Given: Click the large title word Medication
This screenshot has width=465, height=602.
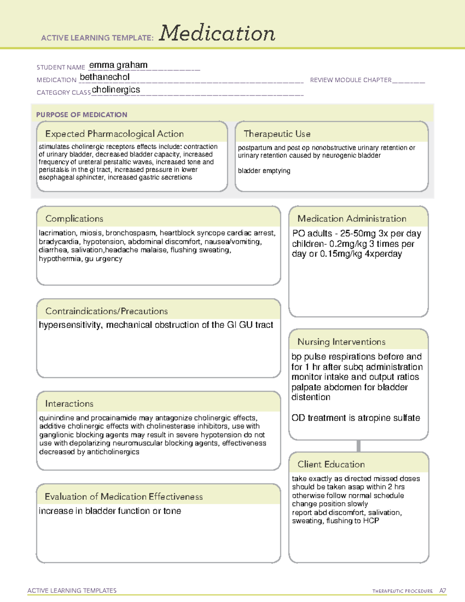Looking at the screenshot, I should coord(217,33).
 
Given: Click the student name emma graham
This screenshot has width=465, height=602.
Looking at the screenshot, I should coord(118,65).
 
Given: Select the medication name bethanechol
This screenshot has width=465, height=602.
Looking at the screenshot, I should coord(105,77).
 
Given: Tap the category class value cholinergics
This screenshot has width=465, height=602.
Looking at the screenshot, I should coord(116,90).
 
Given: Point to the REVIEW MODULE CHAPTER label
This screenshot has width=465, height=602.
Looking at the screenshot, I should coord(351,80).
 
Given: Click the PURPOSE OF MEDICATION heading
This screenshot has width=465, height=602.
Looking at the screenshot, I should coord(82,115).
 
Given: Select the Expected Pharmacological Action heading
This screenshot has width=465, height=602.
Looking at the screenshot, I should coord(114,134).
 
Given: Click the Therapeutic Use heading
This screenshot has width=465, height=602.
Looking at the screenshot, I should coord(277,134).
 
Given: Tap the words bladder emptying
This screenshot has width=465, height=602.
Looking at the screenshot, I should coord(264,171).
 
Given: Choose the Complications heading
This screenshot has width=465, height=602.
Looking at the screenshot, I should coord(74,219).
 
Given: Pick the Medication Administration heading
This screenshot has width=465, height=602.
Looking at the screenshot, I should coord(352,219).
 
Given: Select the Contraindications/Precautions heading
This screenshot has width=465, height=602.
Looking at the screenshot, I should coord(107,311).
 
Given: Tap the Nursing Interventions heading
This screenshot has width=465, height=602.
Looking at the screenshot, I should coord(341,342).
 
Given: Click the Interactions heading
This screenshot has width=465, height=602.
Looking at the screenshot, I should coord(69,404).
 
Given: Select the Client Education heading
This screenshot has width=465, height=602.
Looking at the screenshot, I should coord(331,464).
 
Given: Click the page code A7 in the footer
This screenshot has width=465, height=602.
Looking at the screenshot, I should coord(442,591).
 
